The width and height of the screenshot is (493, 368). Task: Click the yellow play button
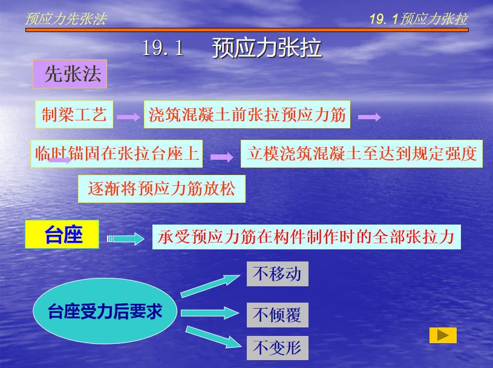pos(443,335)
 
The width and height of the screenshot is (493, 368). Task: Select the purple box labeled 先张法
pos(70,74)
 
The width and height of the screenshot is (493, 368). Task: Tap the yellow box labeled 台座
pos(62,234)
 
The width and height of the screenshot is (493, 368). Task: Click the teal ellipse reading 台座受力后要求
pos(105,311)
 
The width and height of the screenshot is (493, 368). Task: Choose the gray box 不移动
pos(277,274)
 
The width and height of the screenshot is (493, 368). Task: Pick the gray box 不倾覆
pos(277,315)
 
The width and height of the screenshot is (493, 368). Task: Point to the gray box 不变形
pos(277,348)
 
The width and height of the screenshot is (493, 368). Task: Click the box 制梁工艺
pos(74,114)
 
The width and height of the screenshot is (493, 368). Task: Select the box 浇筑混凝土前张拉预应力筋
pos(247,114)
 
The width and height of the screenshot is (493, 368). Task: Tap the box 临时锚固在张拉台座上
pos(117,154)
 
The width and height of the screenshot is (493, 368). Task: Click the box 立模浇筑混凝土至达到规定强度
pos(362,154)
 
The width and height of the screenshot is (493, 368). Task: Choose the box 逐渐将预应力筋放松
pos(162,189)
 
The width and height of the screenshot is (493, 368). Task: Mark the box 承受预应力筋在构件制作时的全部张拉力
pos(307,237)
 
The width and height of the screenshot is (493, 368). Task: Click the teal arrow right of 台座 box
pos(126,238)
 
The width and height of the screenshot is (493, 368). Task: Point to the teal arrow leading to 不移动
pos(210,286)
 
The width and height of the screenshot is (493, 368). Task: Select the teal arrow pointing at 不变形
pos(214,337)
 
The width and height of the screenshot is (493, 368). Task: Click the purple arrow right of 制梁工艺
pos(128,117)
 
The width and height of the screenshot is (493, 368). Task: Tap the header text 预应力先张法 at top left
pos(66,19)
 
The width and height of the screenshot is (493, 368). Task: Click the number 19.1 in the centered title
pos(163,48)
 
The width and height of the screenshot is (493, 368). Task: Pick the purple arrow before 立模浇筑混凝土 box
pos(221,157)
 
